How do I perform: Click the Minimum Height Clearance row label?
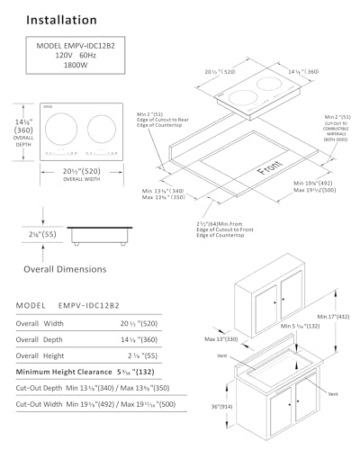(x=71, y=371)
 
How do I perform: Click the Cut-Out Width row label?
(x=43, y=406)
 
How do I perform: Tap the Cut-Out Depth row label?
(x=43, y=388)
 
